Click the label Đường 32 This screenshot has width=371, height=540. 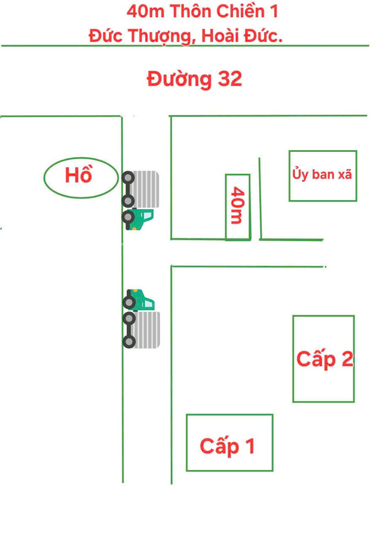[194, 79]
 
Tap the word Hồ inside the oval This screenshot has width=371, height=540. [78, 175]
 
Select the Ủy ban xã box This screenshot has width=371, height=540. [323, 175]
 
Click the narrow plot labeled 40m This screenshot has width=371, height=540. [238, 207]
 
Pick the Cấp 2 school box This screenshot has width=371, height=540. [323, 359]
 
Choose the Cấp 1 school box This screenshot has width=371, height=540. [229, 443]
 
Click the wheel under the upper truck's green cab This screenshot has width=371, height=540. [128, 217]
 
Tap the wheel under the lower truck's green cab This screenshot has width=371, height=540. [129, 302]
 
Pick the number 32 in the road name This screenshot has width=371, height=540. [230, 79]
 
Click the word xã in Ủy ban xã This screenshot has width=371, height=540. [344, 174]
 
